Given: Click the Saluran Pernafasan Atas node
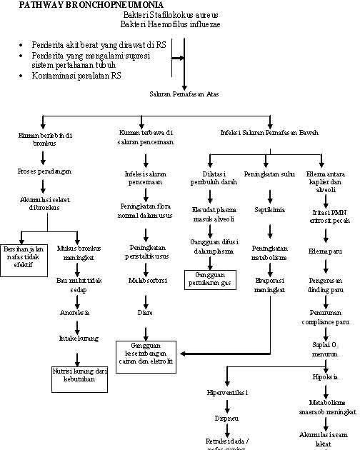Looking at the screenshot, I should (x=184, y=94).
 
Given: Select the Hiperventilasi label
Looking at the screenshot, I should (x=226, y=392).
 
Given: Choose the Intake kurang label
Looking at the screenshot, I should (x=78, y=338).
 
